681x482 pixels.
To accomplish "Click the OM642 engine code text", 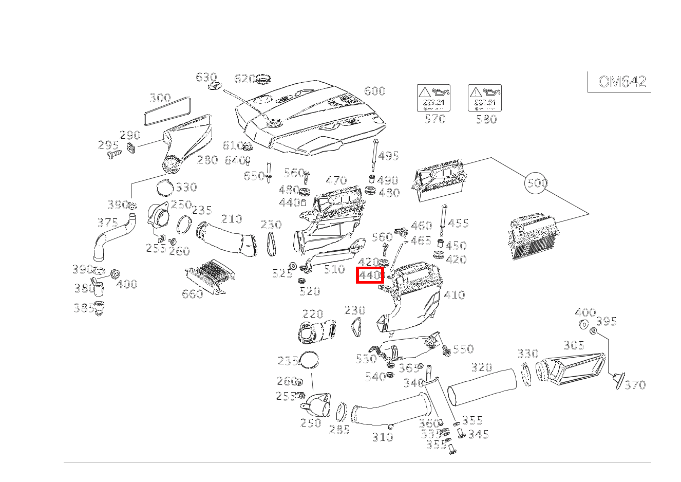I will click(621, 82).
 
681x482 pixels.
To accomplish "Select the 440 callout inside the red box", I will click(370, 275).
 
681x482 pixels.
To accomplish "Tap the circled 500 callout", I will click(537, 183).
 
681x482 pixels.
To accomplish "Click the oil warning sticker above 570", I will click(433, 98).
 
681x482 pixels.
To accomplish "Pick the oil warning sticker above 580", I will click(484, 98).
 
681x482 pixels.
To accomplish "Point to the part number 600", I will click(374, 91).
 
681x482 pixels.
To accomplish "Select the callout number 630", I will click(206, 77).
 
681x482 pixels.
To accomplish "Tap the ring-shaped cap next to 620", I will click(264, 80).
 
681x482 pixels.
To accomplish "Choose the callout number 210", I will click(231, 219).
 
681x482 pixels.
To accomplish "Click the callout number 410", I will click(454, 295).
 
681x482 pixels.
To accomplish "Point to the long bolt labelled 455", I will click(442, 220).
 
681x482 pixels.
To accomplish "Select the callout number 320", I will click(481, 367).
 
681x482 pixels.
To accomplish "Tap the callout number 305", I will click(573, 346).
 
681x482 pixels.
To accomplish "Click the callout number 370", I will click(635, 385).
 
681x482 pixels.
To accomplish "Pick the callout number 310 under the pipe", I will click(382, 437).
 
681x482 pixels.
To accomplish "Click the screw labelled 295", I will click(112, 154).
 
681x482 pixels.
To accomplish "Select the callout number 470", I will click(336, 180).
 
